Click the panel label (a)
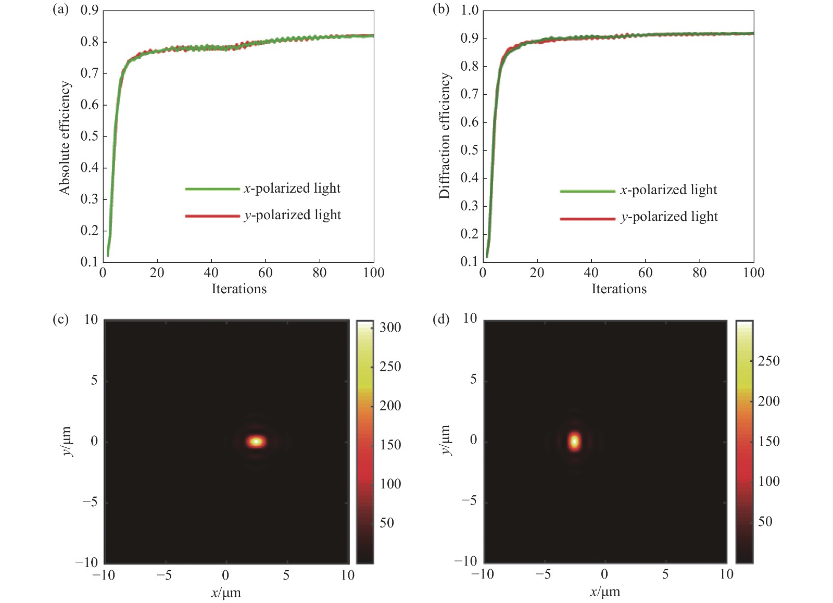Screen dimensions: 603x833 point(60,10)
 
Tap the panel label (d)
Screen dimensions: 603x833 point(440,319)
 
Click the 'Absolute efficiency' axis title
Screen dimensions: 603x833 point(65,138)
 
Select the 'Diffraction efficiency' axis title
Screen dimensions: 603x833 point(444,135)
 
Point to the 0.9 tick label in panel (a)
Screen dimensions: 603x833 point(89,10)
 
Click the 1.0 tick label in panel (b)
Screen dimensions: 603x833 point(469,10)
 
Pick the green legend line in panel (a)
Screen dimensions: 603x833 point(212,189)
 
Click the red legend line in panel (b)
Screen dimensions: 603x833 point(587,218)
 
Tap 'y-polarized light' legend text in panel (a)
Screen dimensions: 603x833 point(292,215)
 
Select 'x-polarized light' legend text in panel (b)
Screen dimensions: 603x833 point(668,190)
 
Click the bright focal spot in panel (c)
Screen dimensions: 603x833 point(256,442)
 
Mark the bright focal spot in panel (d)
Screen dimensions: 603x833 point(574,441)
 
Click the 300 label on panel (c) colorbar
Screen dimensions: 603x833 point(390,328)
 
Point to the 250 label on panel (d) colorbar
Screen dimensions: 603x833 point(768,361)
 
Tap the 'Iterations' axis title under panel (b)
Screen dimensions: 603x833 point(619,289)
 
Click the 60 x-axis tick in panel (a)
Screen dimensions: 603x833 point(265,273)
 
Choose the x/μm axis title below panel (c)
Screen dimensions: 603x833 point(225,593)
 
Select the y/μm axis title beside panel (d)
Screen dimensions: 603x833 point(446,440)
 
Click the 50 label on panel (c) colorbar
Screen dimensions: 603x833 point(386,523)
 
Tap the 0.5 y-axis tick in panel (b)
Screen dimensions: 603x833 point(469,150)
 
